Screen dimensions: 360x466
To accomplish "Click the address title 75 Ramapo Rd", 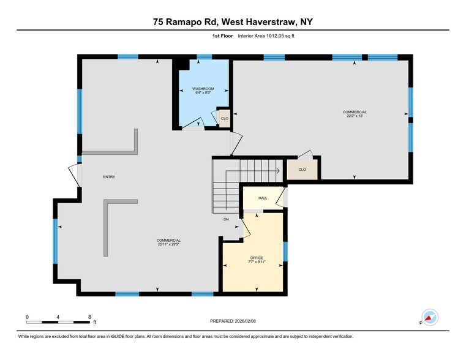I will click(x=233, y=22).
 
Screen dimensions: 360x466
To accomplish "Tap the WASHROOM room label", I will click(x=202, y=89).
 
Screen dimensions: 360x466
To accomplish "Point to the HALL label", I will click(x=263, y=198).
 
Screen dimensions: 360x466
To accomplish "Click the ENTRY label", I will click(x=109, y=177).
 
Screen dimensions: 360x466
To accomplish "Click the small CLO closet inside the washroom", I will click(x=225, y=118).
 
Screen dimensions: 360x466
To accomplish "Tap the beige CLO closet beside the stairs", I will click(x=303, y=170).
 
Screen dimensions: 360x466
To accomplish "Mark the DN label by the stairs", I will click(x=226, y=219).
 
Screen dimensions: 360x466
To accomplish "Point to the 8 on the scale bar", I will click(x=90, y=317).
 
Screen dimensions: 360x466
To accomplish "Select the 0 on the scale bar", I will click(x=28, y=317).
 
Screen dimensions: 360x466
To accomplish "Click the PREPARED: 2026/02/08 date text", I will click(x=233, y=320).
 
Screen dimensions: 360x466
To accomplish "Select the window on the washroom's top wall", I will click(x=205, y=57).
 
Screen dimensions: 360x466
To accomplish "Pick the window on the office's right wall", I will click(x=285, y=251).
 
